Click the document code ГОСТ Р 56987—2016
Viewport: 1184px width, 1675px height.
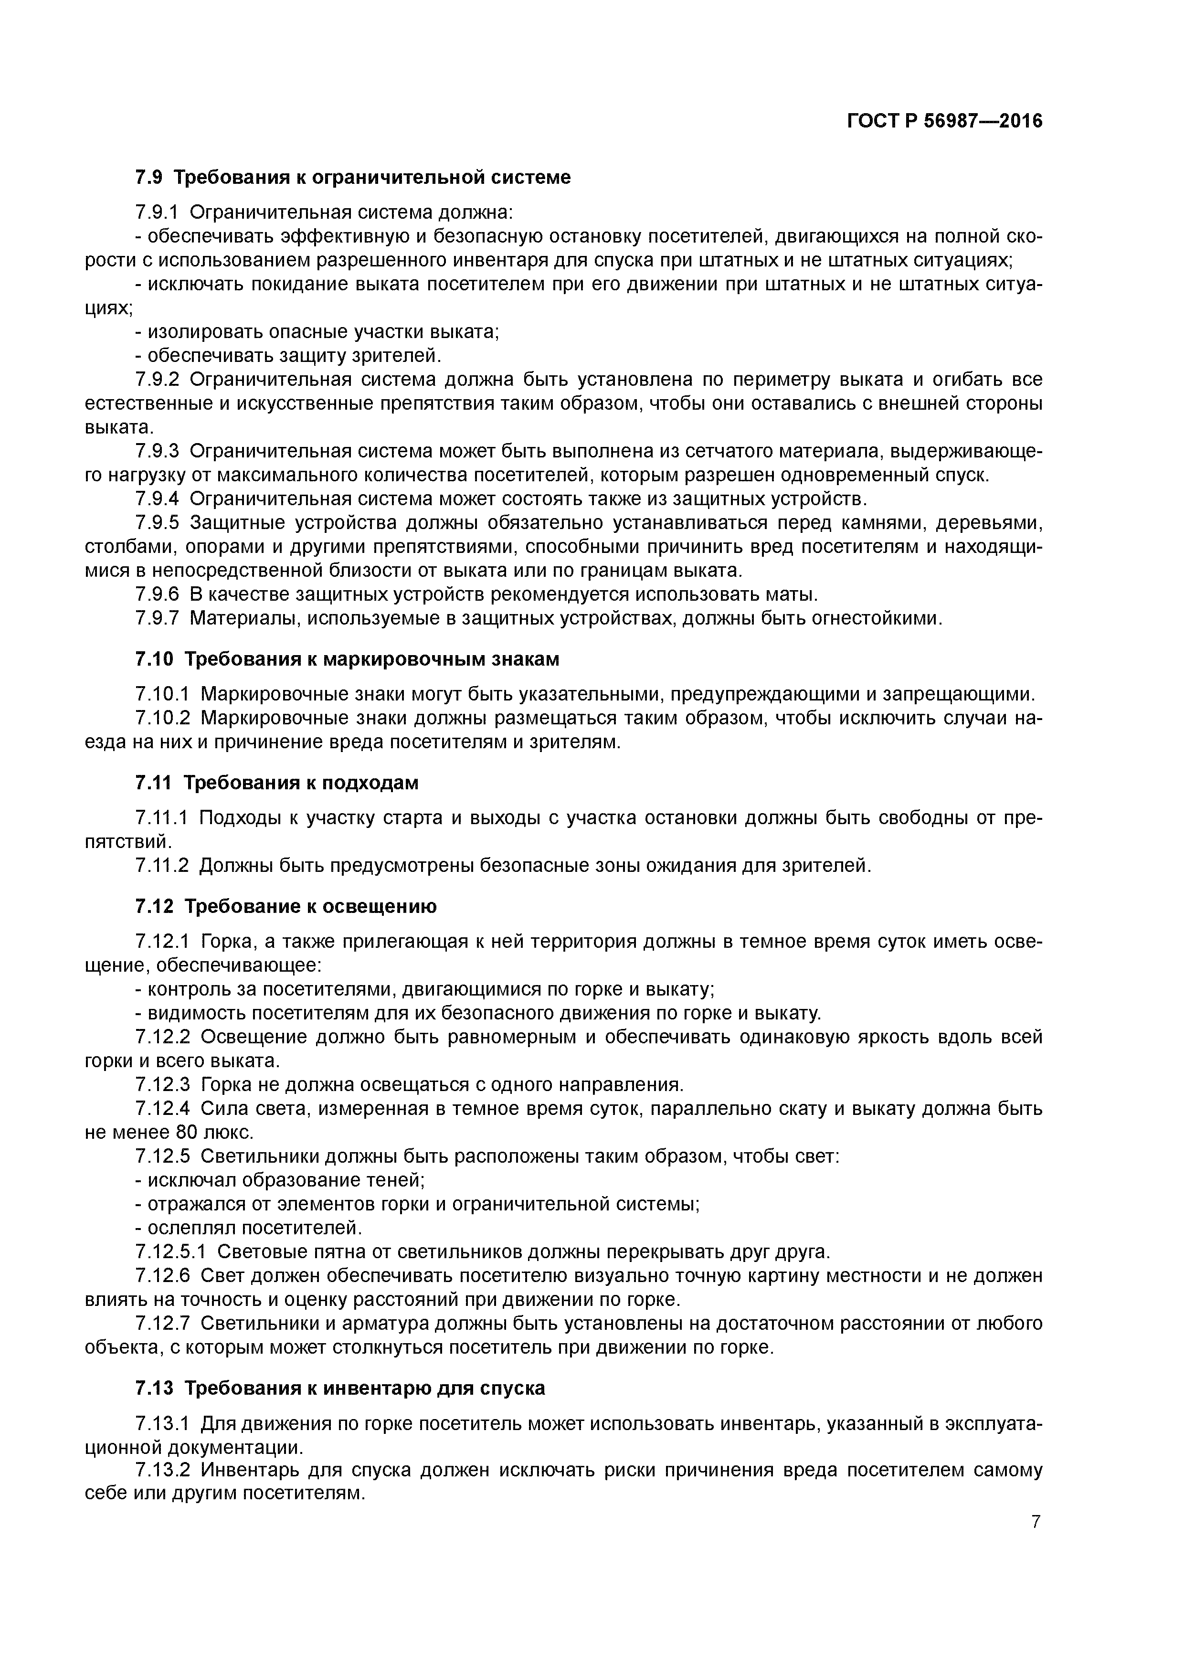(945, 121)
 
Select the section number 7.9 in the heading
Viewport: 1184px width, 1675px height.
(149, 177)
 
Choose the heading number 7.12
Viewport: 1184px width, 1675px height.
(154, 906)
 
